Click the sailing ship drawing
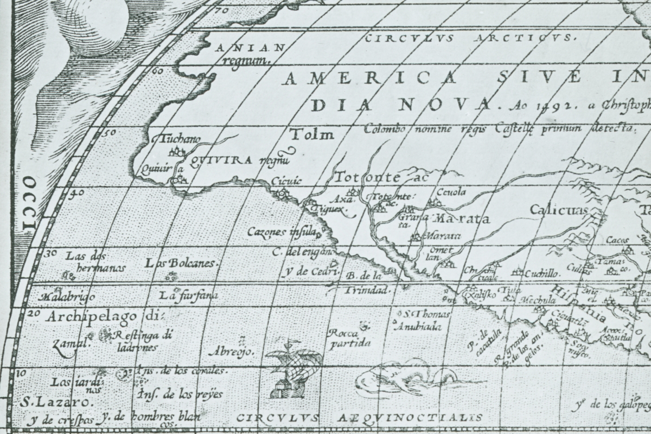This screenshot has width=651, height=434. tap(292, 368)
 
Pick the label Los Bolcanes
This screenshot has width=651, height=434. tap(181, 263)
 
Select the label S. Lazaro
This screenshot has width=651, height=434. tap(54, 403)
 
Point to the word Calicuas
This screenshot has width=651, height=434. tap(559, 210)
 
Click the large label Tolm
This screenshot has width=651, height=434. tap(312, 134)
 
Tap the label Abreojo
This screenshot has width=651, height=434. tap(235, 351)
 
